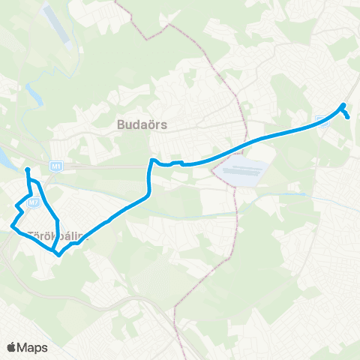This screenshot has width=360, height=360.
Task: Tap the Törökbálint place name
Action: point(58,235)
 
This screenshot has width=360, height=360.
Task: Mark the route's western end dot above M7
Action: point(27,171)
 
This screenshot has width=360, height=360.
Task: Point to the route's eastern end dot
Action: point(348,116)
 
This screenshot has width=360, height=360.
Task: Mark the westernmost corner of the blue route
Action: point(10,225)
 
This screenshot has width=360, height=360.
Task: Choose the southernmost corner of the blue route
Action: point(58,253)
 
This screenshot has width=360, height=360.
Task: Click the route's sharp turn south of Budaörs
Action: point(151,160)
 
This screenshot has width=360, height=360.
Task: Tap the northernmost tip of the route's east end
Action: point(343,104)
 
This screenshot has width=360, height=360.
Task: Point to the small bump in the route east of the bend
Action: point(177,161)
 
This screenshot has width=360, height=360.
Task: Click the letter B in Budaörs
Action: point(121,124)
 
